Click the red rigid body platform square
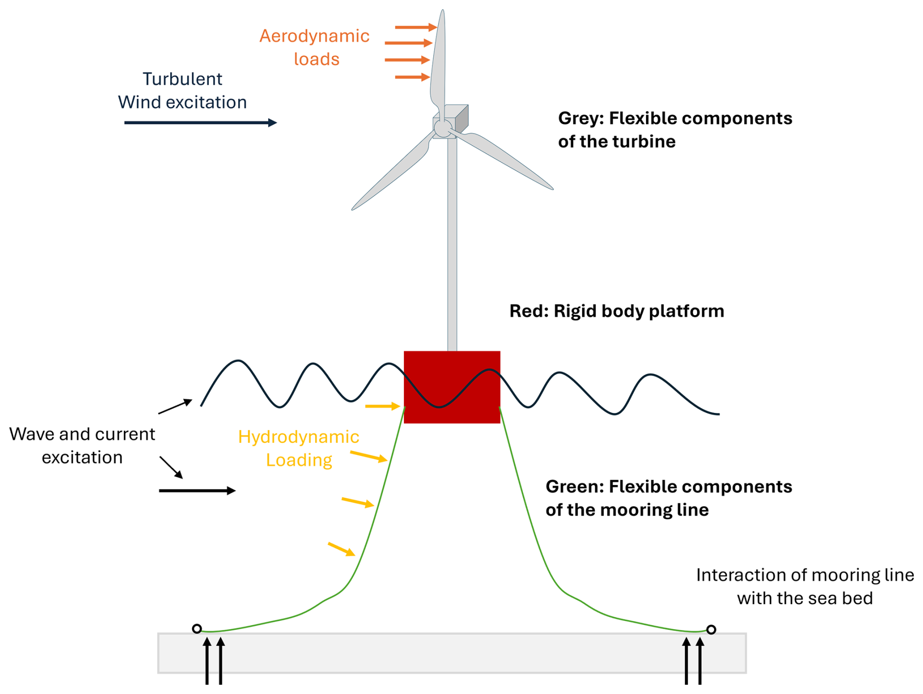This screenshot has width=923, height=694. (452, 387)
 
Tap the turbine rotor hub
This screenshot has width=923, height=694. (442, 128)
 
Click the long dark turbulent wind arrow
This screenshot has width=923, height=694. (201, 122)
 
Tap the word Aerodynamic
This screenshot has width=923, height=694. (314, 36)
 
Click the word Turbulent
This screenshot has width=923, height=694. (182, 79)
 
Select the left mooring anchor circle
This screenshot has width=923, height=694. (197, 629)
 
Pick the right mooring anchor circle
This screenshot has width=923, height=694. (711, 630)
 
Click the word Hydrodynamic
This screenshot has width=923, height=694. (299, 437)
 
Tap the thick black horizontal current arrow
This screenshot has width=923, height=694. (197, 490)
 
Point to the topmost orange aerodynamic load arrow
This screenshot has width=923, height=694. (416, 27)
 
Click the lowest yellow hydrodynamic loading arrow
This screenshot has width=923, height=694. (341, 549)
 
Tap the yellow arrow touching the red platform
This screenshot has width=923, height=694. (382, 406)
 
